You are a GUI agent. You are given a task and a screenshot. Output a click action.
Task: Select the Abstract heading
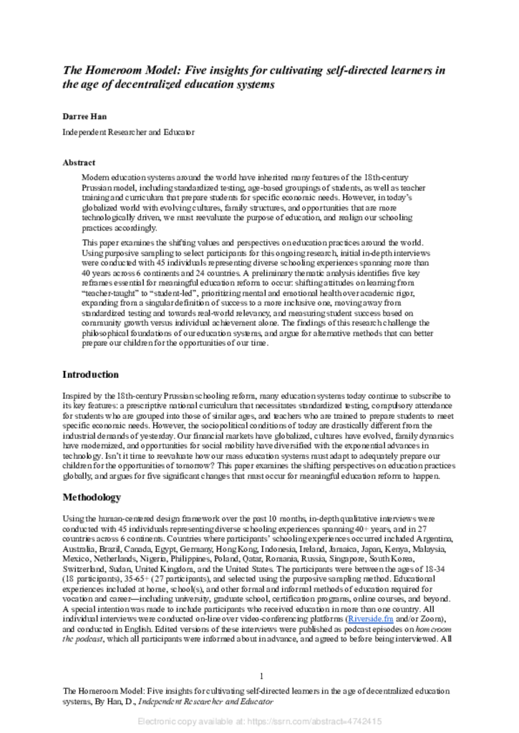[79, 162]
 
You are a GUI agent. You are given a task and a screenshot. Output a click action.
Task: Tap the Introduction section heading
[90, 374]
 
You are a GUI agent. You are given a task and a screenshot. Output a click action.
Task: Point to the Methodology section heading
[92, 497]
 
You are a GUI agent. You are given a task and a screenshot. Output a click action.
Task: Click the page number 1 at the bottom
[261, 676]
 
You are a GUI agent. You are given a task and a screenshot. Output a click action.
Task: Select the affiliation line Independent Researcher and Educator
[128, 132]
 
